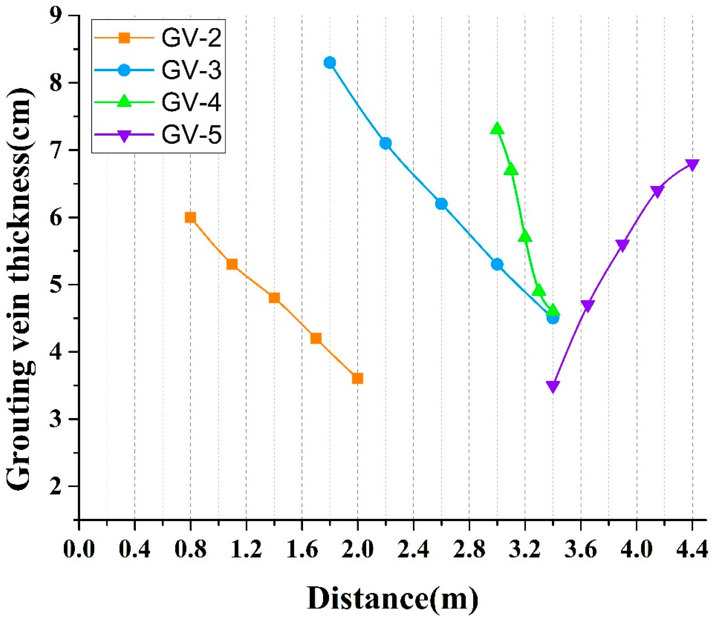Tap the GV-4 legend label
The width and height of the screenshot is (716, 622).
click(191, 102)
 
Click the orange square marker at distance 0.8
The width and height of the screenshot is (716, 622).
click(190, 217)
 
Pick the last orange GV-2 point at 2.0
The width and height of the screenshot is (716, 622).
click(357, 378)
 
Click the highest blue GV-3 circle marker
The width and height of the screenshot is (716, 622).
click(329, 63)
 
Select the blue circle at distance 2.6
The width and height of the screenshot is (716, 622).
click(441, 204)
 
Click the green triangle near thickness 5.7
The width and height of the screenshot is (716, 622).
click(525, 237)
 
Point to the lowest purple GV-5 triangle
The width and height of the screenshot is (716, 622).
click(553, 386)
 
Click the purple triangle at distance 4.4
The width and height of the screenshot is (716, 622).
click(693, 164)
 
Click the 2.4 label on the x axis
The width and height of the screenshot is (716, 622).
click(414, 550)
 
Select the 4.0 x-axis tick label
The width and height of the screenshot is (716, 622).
click(637, 550)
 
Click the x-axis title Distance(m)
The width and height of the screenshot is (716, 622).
click(393, 599)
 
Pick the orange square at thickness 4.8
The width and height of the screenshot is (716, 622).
click(274, 298)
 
